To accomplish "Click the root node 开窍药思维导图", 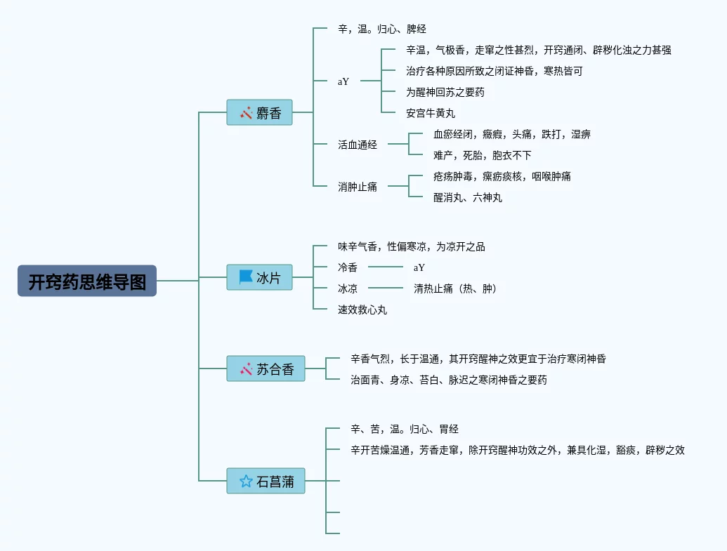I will point(87,281).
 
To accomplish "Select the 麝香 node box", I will point(259,112).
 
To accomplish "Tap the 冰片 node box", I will point(259,277).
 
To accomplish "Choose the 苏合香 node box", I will point(266,369).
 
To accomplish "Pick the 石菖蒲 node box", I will point(266,481).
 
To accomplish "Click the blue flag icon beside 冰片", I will point(246,277).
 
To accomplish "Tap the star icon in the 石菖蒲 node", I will point(246,481).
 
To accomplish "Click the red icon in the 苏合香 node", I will point(246,369).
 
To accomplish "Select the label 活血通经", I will point(358,145).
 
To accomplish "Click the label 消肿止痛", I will point(358,187).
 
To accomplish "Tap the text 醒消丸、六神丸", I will point(468,197).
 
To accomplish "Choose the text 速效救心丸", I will point(362,310).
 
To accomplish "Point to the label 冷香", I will point(348,267).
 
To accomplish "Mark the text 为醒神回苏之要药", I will point(445,92).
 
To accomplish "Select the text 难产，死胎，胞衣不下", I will point(483,155).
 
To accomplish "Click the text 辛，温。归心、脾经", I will point(382,29).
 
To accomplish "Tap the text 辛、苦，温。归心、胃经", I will point(405,429).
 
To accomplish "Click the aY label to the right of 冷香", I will point(420,267).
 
